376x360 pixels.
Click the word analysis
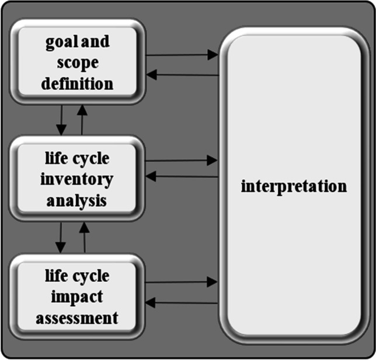point(77,201)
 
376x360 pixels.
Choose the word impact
point(77,298)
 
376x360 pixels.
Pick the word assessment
point(77,318)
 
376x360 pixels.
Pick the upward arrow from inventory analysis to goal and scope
point(82,120)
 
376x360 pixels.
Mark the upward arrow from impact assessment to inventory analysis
point(84,237)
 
